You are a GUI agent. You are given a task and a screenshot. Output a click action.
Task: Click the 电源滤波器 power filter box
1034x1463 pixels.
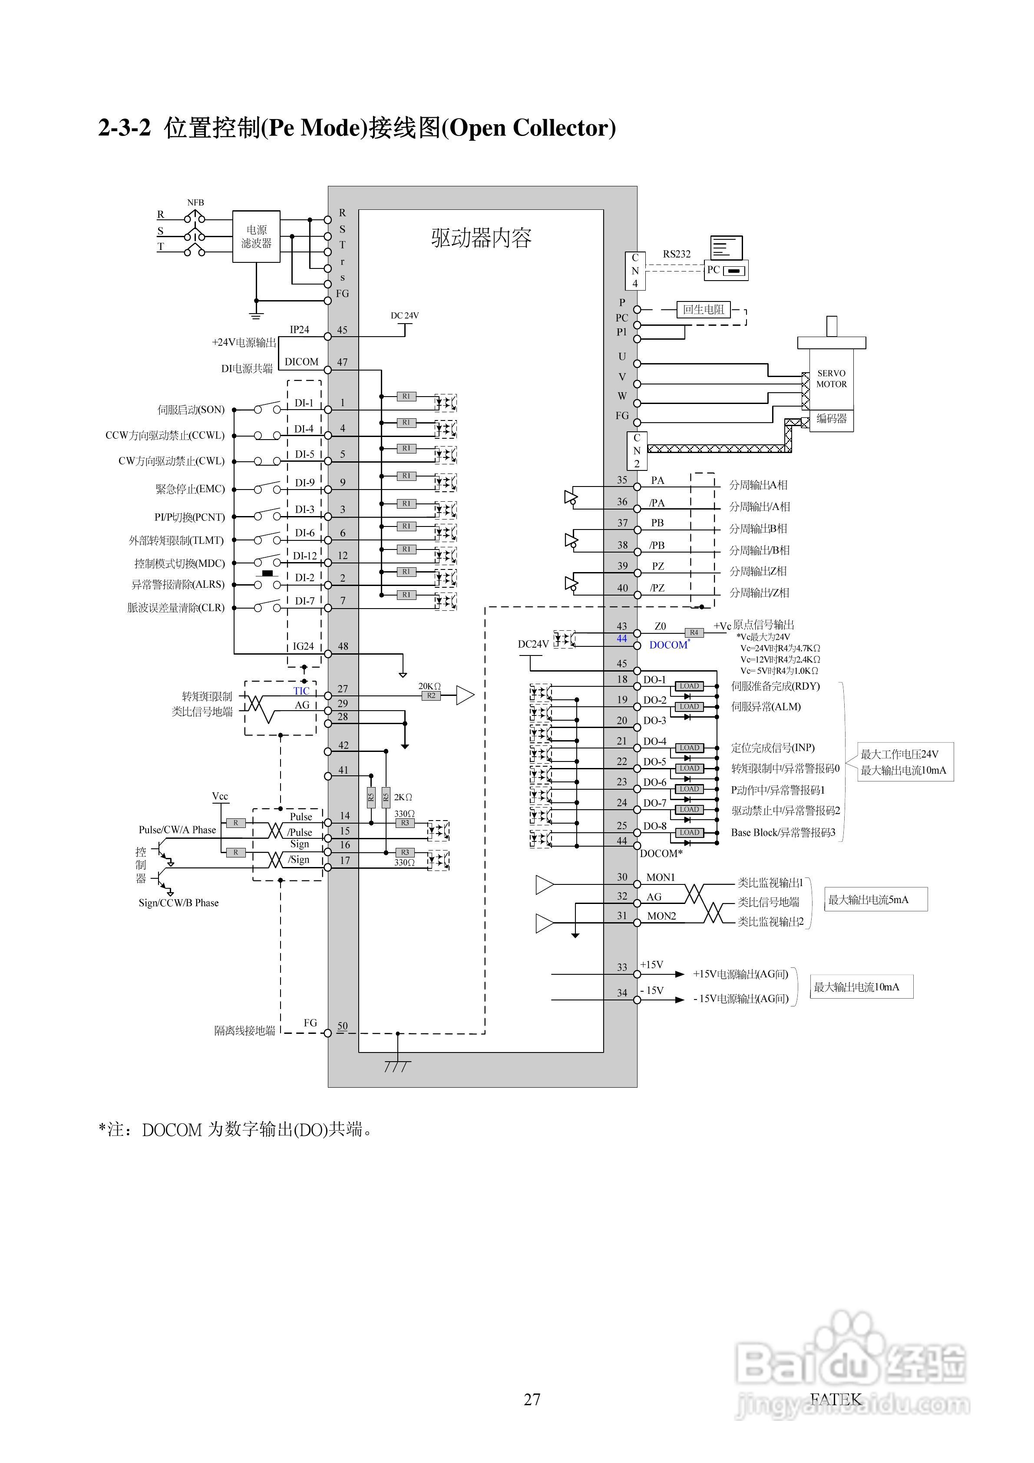click(256, 236)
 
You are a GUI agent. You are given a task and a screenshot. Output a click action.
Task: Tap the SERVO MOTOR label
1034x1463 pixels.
click(831, 378)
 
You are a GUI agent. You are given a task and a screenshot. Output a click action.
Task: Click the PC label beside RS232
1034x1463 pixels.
click(713, 269)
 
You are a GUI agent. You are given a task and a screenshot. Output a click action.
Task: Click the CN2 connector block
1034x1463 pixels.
click(637, 450)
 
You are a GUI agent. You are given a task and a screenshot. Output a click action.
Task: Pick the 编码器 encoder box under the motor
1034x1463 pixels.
click(831, 419)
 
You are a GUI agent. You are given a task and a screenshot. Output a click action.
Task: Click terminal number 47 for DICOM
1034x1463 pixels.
click(342, 362)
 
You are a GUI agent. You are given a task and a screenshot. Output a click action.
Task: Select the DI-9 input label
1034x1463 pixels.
click(304, 482)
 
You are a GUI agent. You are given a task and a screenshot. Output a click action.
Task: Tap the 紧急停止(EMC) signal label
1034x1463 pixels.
click(190, 489)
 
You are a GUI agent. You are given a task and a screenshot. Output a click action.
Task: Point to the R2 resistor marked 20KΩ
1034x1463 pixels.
click(431, 696)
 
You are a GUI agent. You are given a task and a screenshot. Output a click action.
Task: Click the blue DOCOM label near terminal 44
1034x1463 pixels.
click(667, 645)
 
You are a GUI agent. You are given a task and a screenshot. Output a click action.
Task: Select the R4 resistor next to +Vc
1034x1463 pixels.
click(694, 633)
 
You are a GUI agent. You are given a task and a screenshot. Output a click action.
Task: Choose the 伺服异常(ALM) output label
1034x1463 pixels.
click(766, 707)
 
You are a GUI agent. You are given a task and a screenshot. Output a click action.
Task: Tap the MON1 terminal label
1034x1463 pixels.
click(660, 877)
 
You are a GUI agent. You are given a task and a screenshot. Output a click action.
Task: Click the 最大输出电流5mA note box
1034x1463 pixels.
click(875, 899)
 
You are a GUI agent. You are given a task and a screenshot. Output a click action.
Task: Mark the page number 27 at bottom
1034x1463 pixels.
click(532, 1399)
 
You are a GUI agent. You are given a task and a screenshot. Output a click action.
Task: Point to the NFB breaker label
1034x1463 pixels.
click(195, 202)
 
